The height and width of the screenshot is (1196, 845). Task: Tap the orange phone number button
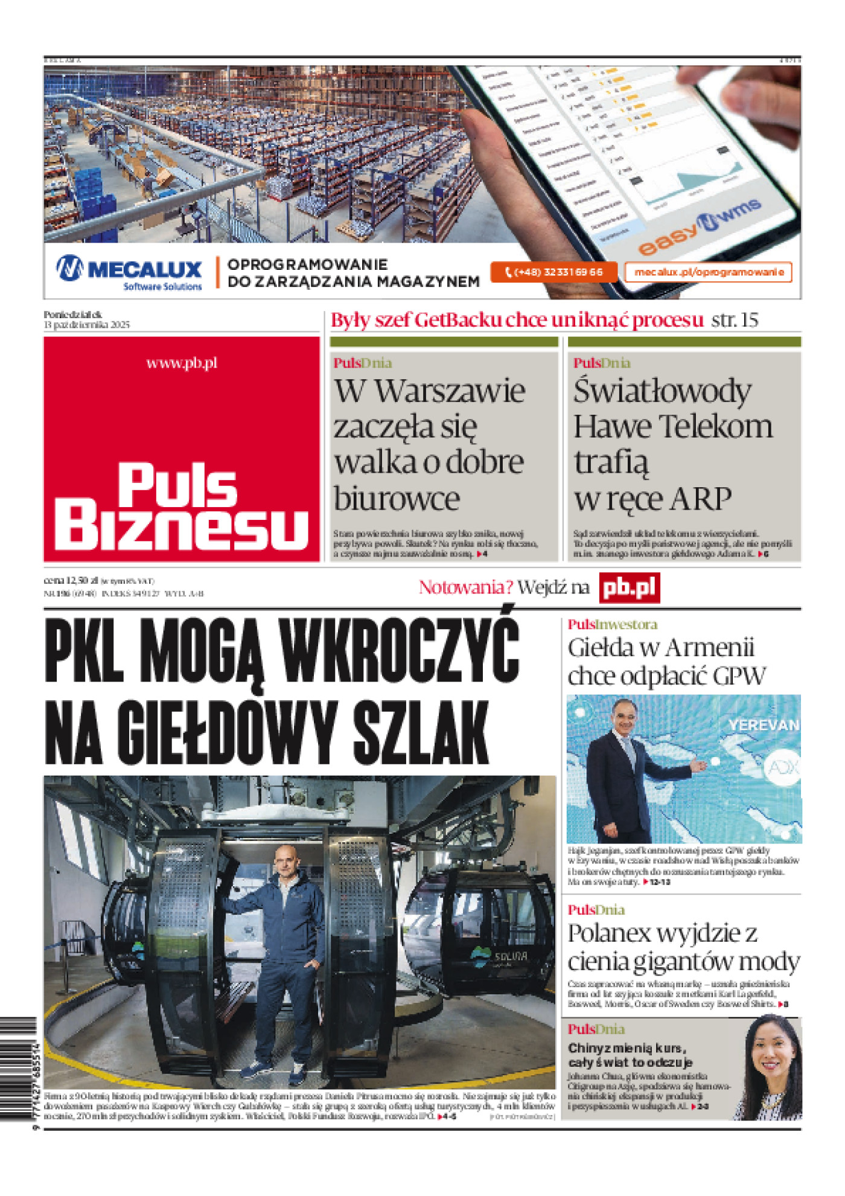553,272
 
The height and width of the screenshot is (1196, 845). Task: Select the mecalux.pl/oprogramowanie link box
708,272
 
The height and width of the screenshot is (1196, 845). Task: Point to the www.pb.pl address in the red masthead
182,363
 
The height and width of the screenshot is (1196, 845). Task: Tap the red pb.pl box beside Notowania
629,588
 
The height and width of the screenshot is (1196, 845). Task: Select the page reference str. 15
734,320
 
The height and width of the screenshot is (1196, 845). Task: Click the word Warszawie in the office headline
450,391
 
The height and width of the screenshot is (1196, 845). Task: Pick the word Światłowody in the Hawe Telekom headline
662,391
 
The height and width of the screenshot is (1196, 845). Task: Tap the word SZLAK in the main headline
420,733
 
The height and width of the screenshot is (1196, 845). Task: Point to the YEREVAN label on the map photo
763,725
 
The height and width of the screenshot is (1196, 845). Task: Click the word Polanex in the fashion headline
609,934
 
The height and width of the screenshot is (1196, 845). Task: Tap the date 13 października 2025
86,325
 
